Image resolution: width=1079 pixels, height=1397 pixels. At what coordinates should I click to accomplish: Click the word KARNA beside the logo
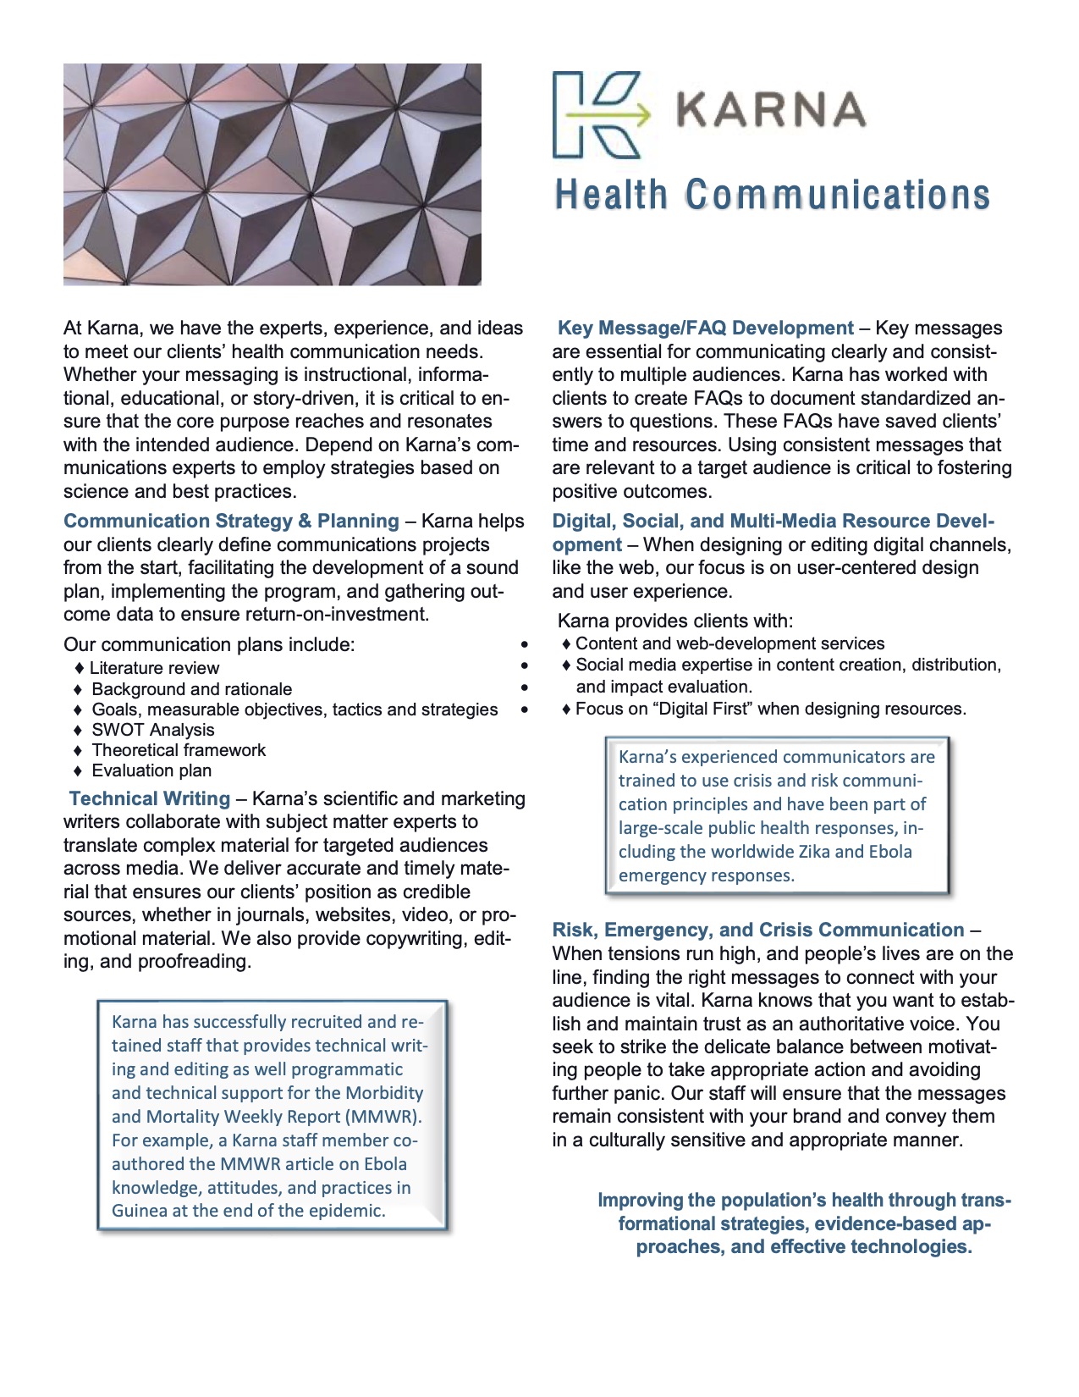point(771,111)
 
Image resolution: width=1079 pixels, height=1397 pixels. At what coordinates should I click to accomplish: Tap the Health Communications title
point(772,195)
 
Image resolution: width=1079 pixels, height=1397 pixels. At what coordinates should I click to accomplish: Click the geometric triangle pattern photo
point(273,174)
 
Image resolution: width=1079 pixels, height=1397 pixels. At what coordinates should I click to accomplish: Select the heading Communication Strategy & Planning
point(231,522)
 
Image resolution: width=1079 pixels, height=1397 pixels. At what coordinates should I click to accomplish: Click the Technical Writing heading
point(150,798)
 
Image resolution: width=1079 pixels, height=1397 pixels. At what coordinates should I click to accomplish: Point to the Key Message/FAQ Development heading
point(705,329)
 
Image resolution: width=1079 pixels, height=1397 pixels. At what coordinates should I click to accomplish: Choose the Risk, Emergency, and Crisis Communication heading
point(758,930)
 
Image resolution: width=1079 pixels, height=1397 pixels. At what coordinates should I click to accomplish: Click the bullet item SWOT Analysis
point(152,730)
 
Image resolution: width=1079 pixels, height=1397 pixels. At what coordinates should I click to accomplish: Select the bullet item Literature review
point(154,669)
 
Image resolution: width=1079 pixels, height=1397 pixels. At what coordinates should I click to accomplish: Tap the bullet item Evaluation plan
point(151,770)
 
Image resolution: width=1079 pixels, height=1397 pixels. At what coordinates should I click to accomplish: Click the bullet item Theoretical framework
point(179,750)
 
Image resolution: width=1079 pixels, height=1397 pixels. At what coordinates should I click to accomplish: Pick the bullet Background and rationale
point(191,689)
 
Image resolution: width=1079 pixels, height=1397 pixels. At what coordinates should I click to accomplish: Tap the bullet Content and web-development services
point(729,643)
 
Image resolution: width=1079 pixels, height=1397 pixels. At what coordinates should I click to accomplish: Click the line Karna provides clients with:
point(675,621)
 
